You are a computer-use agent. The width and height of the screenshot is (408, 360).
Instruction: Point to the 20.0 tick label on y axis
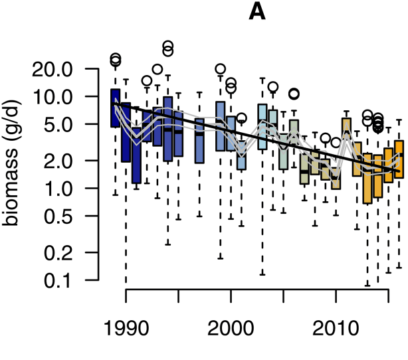64,69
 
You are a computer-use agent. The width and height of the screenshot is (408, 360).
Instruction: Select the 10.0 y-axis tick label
64,97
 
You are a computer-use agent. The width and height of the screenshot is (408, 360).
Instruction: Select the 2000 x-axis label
231,331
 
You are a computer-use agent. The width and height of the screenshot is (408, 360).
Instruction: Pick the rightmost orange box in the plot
399,159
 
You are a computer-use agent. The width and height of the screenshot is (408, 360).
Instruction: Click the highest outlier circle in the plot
168,46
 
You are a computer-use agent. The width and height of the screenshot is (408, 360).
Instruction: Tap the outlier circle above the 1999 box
220,68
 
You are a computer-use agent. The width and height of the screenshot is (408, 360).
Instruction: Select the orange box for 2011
346,130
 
